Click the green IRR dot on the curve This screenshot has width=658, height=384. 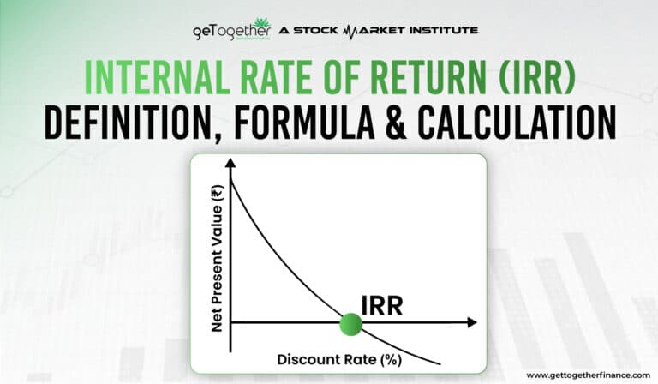[x=350, y=323]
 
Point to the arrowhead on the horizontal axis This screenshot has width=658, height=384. [x=472, y=323]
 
